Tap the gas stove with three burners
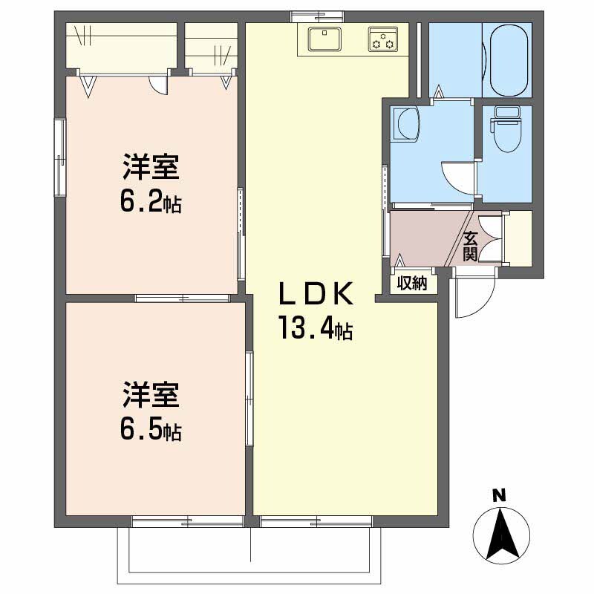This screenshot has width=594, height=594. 383,39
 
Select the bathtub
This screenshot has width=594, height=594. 507,60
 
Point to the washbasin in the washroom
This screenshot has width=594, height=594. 407,123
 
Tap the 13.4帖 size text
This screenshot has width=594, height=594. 314,327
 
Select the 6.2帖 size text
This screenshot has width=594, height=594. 152,203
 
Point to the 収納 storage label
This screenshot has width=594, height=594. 412,283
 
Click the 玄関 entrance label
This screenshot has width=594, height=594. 470,247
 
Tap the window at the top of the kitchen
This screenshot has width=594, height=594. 317,15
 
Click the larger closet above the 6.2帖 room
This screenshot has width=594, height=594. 123,48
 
